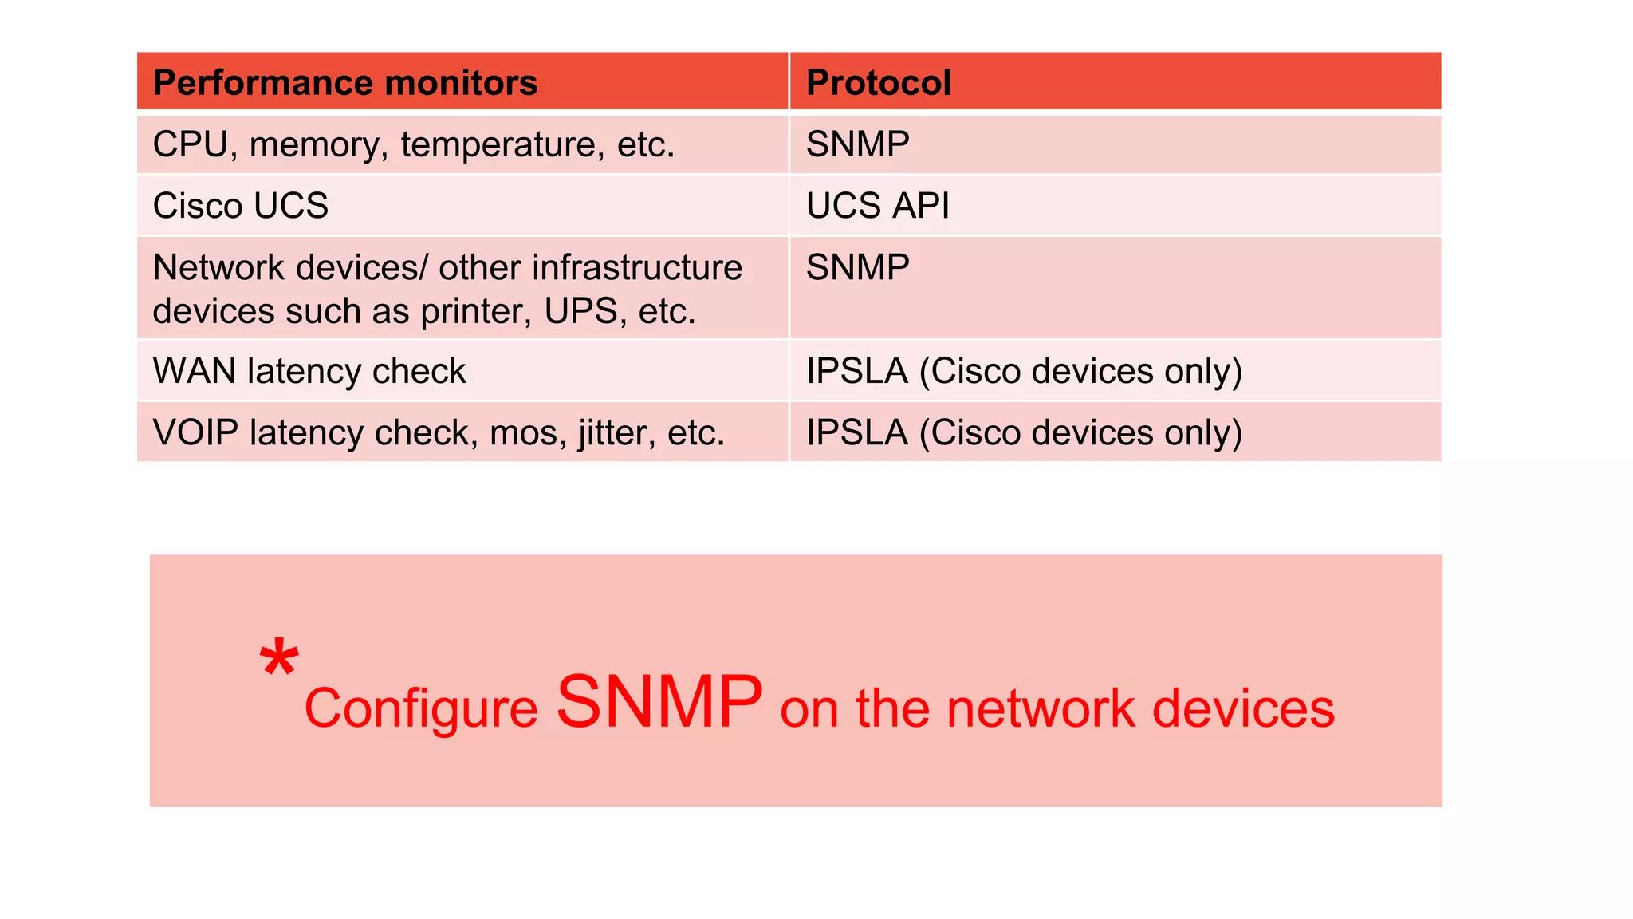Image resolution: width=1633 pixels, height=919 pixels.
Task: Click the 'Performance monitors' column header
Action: pos(344,82)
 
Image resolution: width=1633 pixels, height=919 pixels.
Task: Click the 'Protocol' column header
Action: pos(878,82)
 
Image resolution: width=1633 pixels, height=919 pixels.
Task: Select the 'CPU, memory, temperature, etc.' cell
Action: pos(413,144)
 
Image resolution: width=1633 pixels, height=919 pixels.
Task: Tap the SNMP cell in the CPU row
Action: pos(857,144)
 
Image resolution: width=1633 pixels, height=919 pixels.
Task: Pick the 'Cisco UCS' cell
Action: pos(240,206)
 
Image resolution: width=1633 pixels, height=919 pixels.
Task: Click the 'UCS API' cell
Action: pos(877,206)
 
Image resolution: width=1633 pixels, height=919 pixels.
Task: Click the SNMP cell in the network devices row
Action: pos(857,267)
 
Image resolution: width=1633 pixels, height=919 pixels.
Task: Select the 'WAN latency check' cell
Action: pos(309,371)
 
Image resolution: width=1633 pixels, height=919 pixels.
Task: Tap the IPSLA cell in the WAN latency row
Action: pos(1023,371)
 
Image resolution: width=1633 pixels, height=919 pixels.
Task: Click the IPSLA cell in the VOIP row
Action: pos(1023,432)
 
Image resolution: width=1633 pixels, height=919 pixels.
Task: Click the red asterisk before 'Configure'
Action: pos(278,658)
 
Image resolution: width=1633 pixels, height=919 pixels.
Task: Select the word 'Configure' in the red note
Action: pos(421,708)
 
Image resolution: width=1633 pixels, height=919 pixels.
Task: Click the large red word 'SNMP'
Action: pos(659,701)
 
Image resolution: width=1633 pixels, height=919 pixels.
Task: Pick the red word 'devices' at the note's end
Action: pos(1243,708)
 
